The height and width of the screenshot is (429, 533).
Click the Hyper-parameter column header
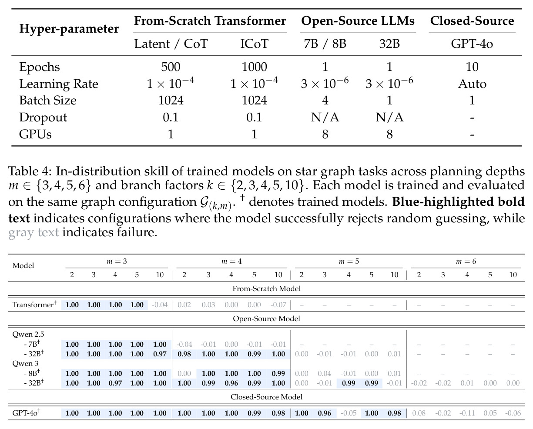pyautogui.click(x=69, y=29)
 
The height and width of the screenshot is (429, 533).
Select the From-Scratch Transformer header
pyautogui.click(x=210, y=20)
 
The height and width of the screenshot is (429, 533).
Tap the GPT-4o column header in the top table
pyautogui.click(x=472, y=44)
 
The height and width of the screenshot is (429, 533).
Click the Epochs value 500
pyautogui.click(x=171, y=67)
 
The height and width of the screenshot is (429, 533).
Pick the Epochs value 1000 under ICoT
pyautogui.click(x=254, y=67)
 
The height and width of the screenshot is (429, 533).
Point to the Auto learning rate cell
pyautogui.click(x=472, y=84)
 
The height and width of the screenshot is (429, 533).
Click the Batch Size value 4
pyautogui.click(x=325, y=101)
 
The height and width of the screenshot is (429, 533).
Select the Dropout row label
pyautogui.click(x=43, y=117)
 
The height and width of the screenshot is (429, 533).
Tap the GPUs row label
pyautogui.click(x=35, y=134)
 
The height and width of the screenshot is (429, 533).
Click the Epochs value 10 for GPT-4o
pyautogui.click(x=472, y=67)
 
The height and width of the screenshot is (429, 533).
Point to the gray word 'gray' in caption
pyautogui.click(x=21, y=233)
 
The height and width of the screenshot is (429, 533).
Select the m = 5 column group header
pyautogui.click(x=349, y=261)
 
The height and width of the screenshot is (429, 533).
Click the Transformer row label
pyautogui.click(x=34, y=305)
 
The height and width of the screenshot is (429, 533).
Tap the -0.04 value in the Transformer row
pyautogui.click(x=160, y=305)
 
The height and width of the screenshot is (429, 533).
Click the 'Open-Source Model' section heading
pyautogui.click(x=266, y=318)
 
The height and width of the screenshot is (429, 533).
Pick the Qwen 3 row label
pyautogui.click(x=25, y=363)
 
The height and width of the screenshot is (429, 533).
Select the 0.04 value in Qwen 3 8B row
pyautogui.click(x=325, y=373)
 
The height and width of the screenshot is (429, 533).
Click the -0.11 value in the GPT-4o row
pyautogui.click(x=467, y=413)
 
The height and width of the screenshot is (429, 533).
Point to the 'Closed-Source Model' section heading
pyautogui.click(x=266, y=397)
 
